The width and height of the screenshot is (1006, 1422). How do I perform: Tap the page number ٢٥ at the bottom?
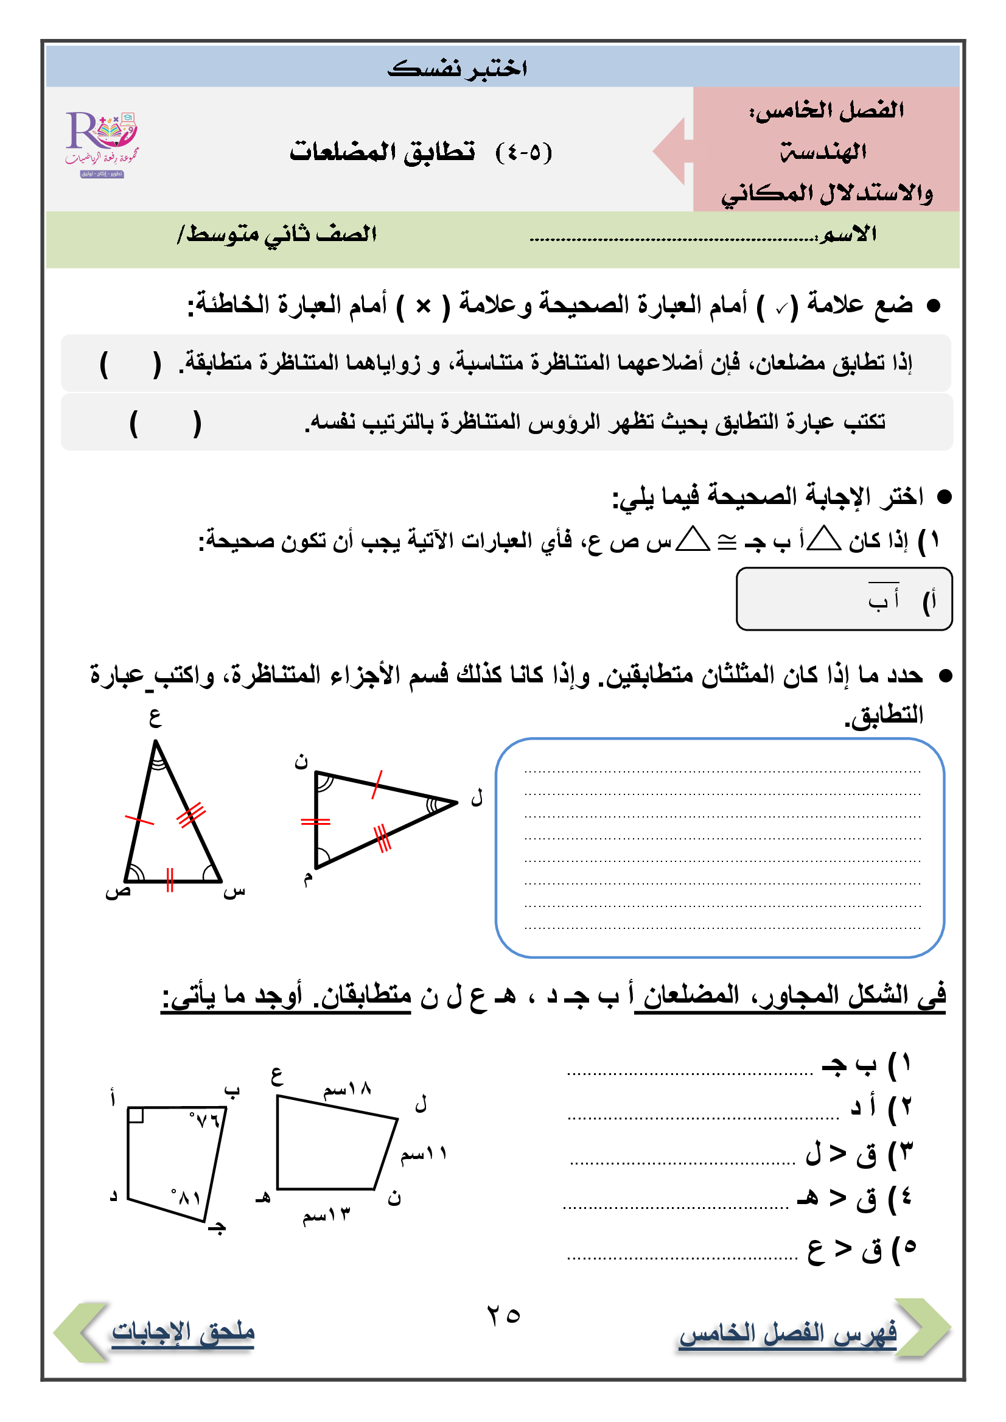503,1315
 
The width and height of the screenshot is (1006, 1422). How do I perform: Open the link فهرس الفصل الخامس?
788,1333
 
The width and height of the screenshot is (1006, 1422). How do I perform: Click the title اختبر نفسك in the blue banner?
457,68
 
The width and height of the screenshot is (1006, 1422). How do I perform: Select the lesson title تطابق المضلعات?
382,151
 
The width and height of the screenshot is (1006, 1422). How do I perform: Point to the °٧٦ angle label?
205,1119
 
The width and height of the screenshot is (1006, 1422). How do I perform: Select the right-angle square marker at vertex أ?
136,1115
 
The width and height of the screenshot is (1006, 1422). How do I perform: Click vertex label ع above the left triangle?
155,718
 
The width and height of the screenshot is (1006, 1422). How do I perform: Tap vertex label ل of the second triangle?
477,797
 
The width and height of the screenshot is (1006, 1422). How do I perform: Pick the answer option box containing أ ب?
844,599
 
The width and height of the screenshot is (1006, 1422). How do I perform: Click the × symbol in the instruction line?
423,306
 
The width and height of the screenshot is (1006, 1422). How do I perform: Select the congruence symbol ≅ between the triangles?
727,542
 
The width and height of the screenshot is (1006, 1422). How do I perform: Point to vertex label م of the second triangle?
308,878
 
